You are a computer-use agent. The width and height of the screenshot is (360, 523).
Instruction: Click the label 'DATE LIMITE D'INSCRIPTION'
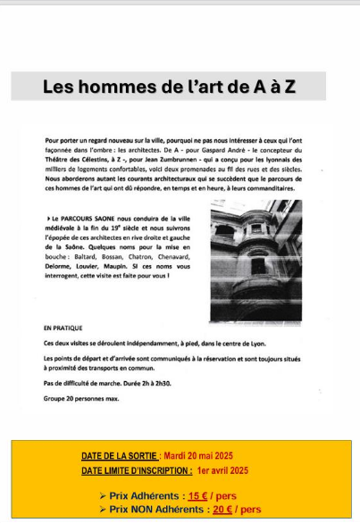(135, 469)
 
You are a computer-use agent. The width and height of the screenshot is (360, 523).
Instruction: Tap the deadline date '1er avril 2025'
(223, 469)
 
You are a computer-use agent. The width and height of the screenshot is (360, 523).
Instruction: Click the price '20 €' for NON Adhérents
(223, 509)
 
